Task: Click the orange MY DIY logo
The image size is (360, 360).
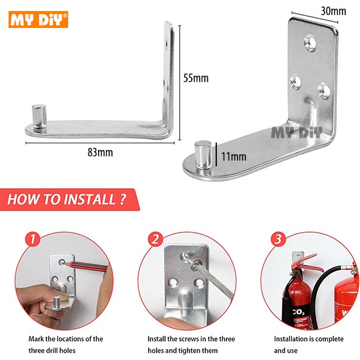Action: pos(38,19)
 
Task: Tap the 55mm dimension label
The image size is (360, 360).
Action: pos(196,78)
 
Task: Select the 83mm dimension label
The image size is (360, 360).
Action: pos(101,152)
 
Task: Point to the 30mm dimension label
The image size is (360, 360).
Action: pos(333,11)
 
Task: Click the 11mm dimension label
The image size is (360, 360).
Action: pos(234,157)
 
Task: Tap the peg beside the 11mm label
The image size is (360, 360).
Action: pos(203,155)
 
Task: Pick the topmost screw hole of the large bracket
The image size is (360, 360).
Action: pos(310,43)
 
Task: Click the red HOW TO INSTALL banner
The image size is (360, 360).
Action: pos(69,199)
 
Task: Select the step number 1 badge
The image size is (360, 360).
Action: pos(33,239)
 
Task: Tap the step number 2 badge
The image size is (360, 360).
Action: pos(155,239)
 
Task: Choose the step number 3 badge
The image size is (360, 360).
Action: pos(278,239)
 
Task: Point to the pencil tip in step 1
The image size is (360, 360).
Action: pos(65,263)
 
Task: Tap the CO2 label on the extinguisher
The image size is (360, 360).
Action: pos(298,312)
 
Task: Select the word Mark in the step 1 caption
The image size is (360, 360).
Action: pos(36,339)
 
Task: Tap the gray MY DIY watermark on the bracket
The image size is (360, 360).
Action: pos(297,132)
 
